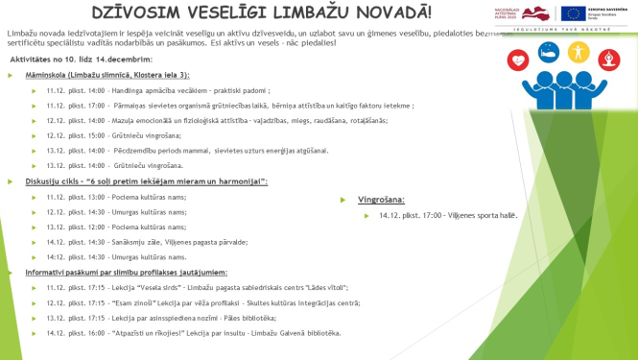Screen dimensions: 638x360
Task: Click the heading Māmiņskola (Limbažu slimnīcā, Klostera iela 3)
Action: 107,74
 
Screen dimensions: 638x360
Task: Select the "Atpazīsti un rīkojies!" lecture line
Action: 192,332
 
